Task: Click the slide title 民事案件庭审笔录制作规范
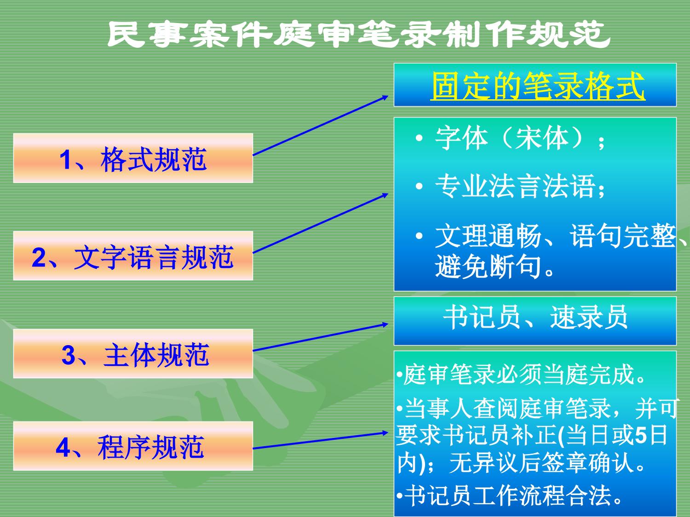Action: pos(358,34)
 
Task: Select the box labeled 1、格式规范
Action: pos(133,158)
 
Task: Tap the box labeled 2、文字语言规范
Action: pos(133,256)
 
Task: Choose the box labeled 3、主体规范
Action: pos(133,353)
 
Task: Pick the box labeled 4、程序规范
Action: pos(133,446)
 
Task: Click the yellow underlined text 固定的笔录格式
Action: pos(538,85)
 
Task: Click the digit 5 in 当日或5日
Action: pos(640,435)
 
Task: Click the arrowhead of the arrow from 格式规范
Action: pos(385,97)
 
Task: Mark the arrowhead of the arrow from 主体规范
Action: pos(385,324)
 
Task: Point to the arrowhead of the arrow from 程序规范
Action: pos(385,433)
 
